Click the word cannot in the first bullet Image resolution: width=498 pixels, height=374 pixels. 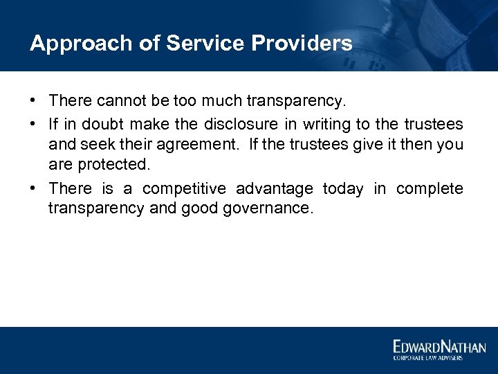[121, 101]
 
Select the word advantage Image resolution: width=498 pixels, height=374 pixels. [279, 188]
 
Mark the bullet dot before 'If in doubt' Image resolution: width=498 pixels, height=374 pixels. [34, 125]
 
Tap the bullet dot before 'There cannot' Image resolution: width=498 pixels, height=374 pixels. [34, 101]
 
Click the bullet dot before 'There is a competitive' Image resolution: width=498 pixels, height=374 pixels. [34, 188]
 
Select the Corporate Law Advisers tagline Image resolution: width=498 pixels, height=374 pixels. [427, 357]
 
